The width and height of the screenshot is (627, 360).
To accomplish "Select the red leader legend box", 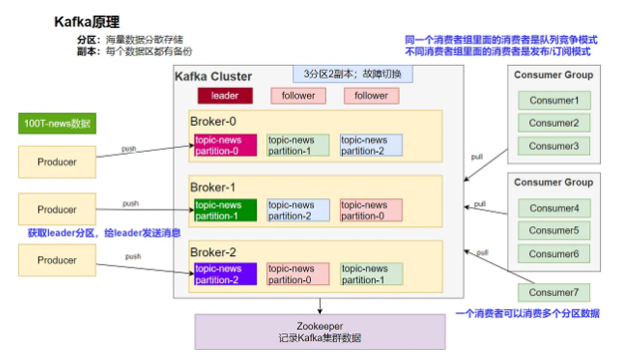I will pyautogui.click(x=225, y=96).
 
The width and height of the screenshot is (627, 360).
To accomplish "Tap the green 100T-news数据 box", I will pyautogui.click(x=57, y=125).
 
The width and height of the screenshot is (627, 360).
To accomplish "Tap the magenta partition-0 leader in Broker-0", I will pyautogui.click(x=225, y=146).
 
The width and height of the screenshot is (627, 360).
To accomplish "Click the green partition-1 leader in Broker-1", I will pyautogui.click(x=225, y=210).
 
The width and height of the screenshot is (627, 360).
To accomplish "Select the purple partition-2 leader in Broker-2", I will pyautogui.click(x=225, y=274).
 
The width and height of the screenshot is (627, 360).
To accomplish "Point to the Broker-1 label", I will pyautogui.click(x=212, y=185).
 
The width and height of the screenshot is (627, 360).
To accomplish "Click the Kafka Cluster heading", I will pyautogui.click(x=213, y=77).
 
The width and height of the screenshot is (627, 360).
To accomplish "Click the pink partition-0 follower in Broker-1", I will pyautogui.click(x=370, y=210).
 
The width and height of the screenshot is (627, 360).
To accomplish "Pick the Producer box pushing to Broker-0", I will pyautogui.click(x=57, y=162).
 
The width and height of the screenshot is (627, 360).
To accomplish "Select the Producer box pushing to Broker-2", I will pyautogui.click(x=57, y=260).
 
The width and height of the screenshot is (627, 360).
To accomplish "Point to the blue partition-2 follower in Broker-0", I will pyautogui.click(x=370, y=146).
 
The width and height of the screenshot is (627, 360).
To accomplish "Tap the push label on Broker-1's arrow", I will pyautogui.click(x=131, y=202).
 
